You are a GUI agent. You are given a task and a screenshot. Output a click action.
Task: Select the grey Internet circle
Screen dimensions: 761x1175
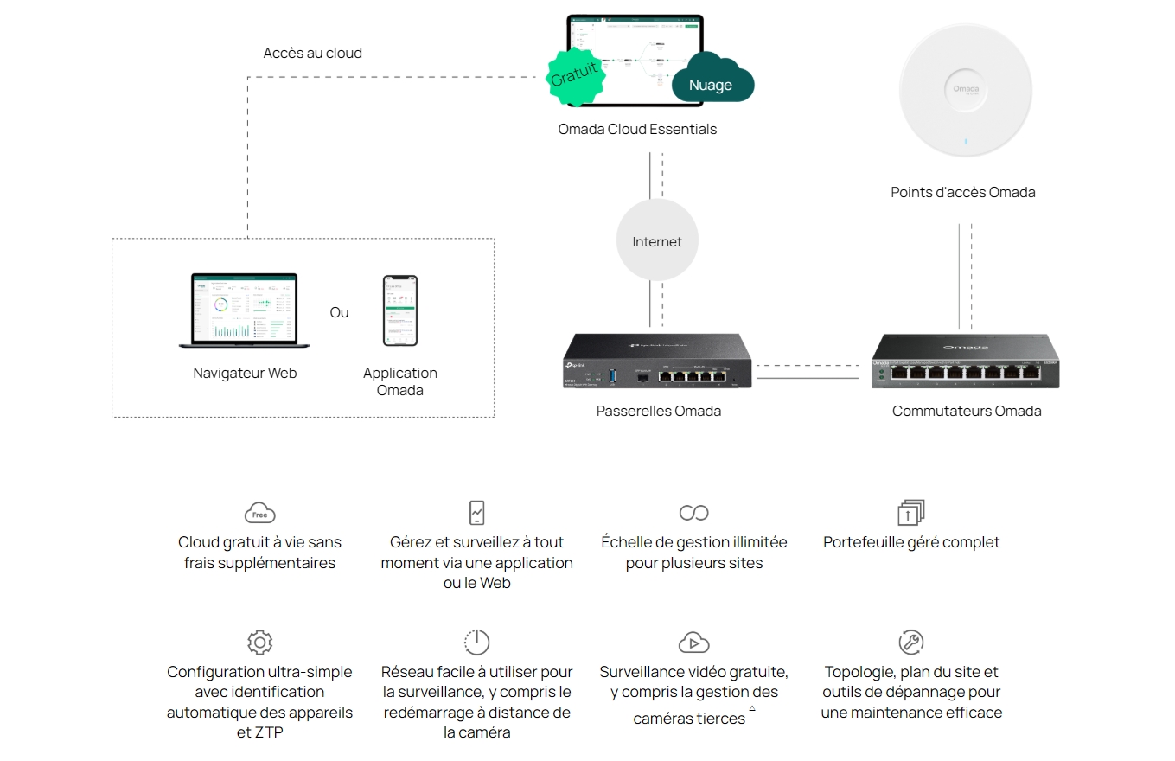click(657, 241)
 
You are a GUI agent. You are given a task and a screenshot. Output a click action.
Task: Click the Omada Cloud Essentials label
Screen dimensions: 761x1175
click(637, 129)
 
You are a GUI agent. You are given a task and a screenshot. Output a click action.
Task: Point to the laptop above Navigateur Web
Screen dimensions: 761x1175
click(244, 310)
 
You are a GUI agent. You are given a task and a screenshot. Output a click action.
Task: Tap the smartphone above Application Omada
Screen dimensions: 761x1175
click(400, 310)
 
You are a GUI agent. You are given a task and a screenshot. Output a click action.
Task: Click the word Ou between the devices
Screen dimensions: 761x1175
click(339, 312)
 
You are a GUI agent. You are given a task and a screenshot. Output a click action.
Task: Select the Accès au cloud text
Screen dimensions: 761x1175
click(312, 53)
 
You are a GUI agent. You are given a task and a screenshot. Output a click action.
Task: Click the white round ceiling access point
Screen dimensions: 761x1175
click(965, 91)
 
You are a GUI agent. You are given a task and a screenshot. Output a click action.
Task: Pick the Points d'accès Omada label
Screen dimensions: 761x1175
click(962, 192)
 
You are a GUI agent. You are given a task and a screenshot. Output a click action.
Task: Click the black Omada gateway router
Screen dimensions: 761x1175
click(657, 361)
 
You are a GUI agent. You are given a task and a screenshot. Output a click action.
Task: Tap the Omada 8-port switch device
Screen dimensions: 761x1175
click(965, 361)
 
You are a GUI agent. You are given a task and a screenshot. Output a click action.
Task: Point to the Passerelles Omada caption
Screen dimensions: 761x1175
click(658, 411)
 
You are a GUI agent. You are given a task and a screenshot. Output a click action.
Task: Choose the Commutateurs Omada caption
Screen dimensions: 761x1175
click(966, 411)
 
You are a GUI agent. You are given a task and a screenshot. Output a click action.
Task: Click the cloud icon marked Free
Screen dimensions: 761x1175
click(259, 512)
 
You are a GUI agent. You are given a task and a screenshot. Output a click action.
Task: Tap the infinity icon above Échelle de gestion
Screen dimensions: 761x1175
click(693, 513)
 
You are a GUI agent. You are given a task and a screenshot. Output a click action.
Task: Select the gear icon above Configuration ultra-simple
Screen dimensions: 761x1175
click(259, 642)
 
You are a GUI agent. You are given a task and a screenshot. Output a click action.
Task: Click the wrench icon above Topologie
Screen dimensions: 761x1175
click(911, 642)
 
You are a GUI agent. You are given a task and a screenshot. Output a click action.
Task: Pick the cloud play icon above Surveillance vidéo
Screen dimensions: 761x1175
click(693, 642)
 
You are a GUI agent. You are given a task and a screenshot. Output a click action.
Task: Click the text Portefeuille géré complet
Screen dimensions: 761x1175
click(911, 542)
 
